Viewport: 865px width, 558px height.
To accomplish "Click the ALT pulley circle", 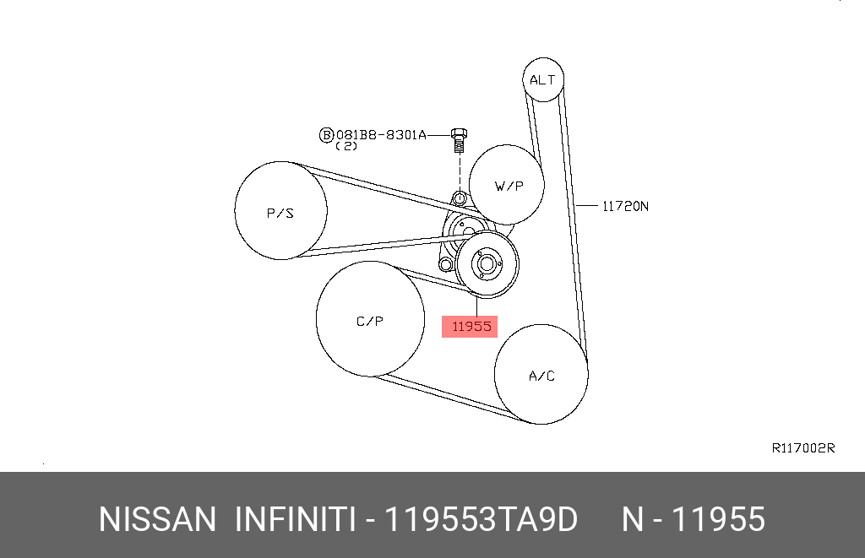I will click(x=542, y=79).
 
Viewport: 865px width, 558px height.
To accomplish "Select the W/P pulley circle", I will click(x=507, y=186).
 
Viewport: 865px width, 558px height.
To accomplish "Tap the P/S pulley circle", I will click(x=280, y=211).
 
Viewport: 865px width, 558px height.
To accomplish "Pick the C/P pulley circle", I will click(x=370, y=319).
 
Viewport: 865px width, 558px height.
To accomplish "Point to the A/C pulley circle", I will click(x=541, y=375).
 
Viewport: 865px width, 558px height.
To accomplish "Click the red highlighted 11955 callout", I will click(x=471, y=327).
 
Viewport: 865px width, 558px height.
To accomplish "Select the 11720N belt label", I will click(x=624, y=205).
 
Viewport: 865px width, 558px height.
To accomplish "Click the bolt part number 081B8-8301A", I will click(x=381, y=134).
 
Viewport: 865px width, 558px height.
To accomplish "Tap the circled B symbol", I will click(x=326, y=134).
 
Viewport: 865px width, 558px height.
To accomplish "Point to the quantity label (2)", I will click(x=346, y=146).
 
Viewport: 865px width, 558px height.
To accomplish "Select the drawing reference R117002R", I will click(x=802, y=448).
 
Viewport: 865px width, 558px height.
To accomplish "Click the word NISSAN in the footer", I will click(x=157, y=519).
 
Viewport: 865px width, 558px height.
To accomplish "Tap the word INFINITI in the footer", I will click(x=294, y=519).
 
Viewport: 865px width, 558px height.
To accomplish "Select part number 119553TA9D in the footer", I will click(x=481, y=519).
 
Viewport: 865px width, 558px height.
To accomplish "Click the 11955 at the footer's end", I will click(x=717, y=519).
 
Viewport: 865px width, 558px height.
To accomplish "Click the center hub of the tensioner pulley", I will click(x=486, y=263).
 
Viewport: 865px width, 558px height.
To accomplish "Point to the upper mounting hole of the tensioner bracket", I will click(x=459, y=199).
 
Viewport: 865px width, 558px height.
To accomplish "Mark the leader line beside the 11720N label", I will click(x=589, y=205).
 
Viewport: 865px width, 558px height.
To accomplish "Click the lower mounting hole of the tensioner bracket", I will click(x=443, y=265).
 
